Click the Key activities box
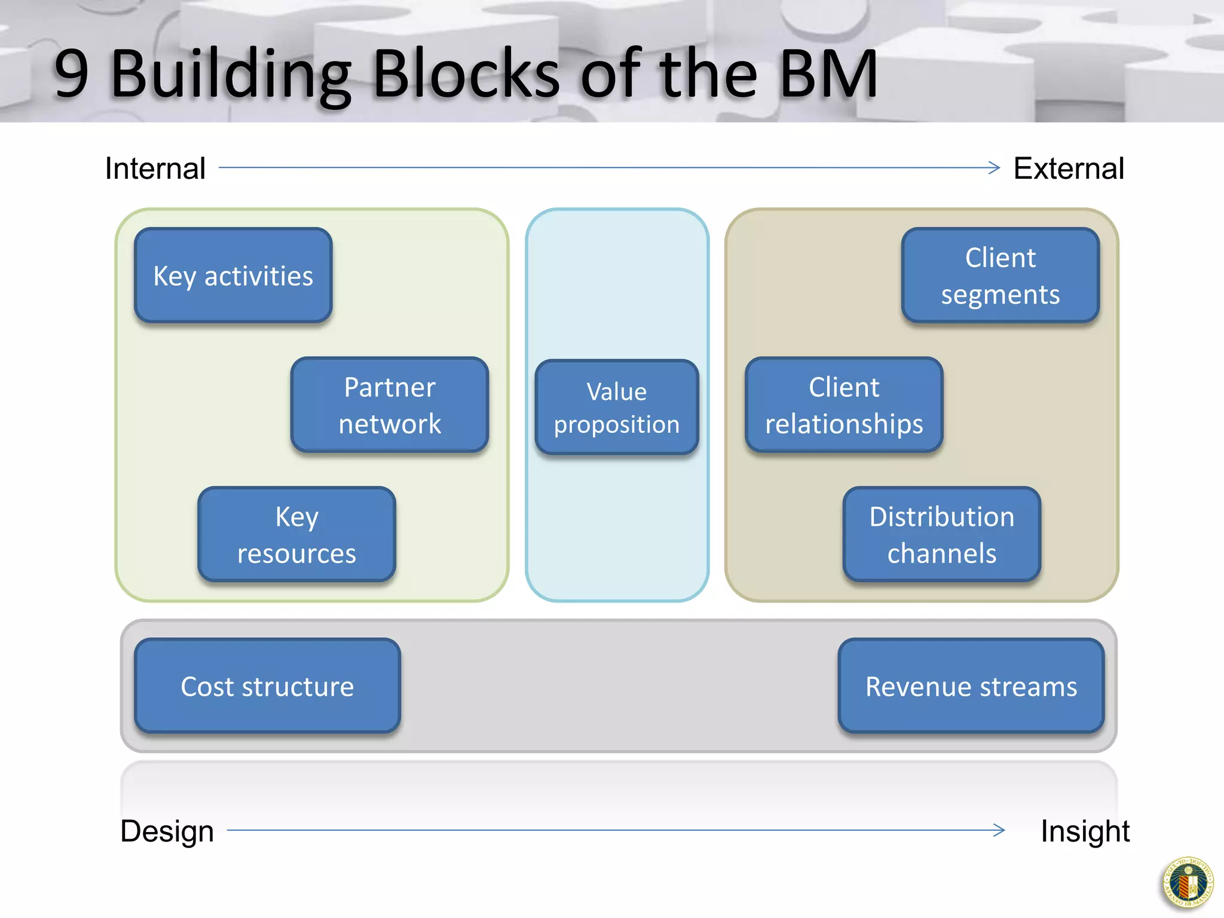(233, 276)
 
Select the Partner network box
(390, 405)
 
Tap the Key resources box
(296, 534)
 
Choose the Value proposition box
(617, 408)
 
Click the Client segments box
(1000, 276)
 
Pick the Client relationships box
(844, 405)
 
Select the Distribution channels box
(942, 534)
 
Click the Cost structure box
(267, 686)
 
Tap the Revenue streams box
(971, 686)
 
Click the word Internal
(155, 169)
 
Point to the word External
(1069, 169)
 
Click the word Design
(167, 831)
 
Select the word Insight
(1085, 831)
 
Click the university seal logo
(1188, 883)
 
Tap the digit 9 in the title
(71, 74)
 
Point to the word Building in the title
(231, 74)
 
